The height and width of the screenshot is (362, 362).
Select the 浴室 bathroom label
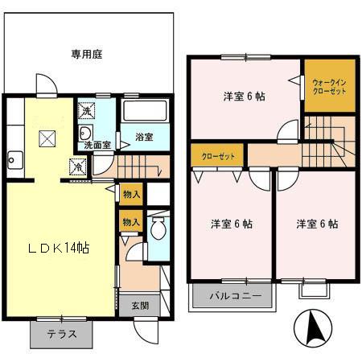(144, 137)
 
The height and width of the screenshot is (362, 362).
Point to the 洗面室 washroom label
(97, 146)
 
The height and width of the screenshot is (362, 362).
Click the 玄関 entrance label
(139, 306)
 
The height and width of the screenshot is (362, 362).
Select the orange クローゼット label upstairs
(218, 155)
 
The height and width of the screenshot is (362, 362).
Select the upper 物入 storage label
(131, 194)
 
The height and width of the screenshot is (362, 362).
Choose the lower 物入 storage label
(131, 221)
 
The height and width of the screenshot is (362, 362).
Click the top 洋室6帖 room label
(245, 97)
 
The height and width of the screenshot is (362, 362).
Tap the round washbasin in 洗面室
(86, 133)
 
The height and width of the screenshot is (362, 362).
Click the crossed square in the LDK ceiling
(45, 139)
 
